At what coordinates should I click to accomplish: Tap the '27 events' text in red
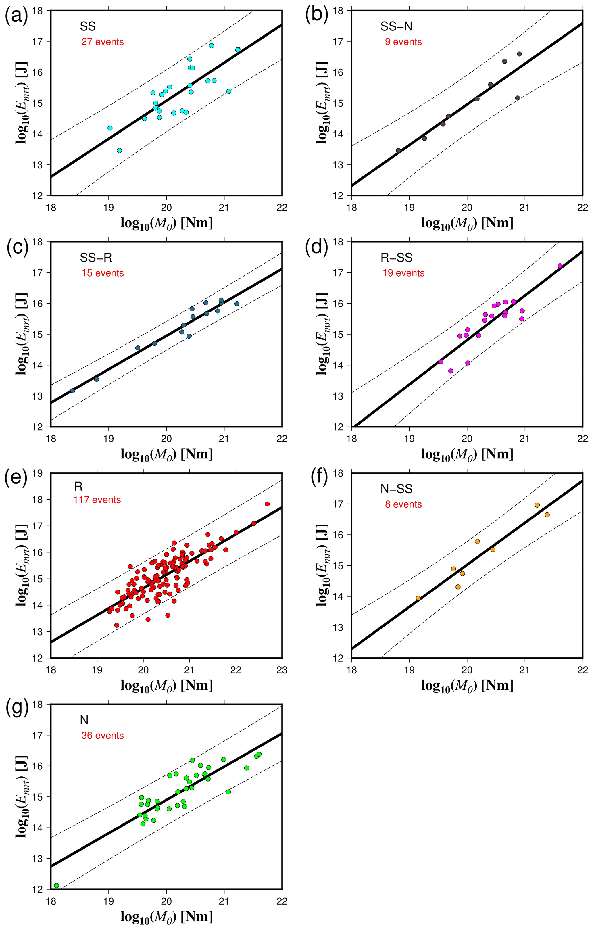(x=102, y=42)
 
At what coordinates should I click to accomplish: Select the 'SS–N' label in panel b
(x=396, y=26)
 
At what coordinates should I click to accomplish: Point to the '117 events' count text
(x=97, y=500)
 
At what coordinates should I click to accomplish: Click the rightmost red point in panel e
(x=267, y=504)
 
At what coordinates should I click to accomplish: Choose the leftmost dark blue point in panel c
(x=73, y=391)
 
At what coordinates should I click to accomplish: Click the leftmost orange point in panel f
(x=418, y=598)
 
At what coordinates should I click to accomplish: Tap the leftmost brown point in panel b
(x=399, y=150)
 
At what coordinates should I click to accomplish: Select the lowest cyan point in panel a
(x=120, y=150)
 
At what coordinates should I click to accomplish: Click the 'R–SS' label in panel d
(x=397, y=258)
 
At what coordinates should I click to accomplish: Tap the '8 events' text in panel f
(x=403, y=504)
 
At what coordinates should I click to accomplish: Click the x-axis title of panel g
(x=167, y=917)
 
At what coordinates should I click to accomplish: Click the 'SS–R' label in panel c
(x=96, y=258)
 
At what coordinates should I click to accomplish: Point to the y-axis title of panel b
(x=322, y=102)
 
